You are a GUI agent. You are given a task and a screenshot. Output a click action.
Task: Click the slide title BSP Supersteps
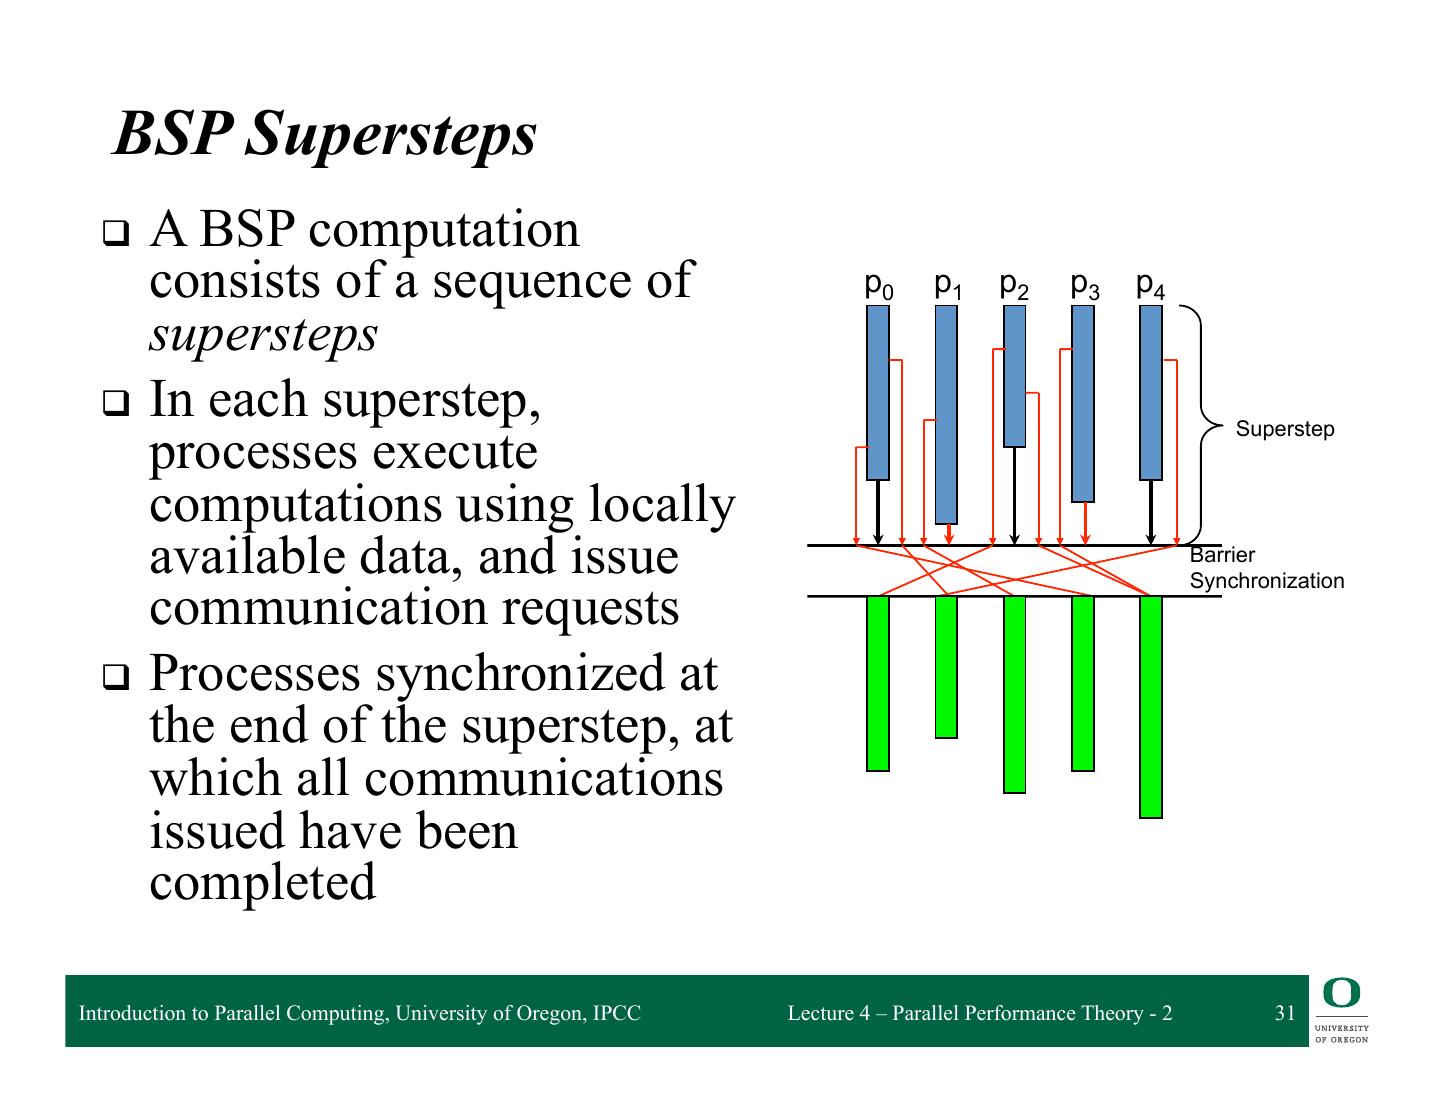point(325,134)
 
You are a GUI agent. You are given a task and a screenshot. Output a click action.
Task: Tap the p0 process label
point(878,286)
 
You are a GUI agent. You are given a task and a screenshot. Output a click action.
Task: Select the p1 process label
point(947,286)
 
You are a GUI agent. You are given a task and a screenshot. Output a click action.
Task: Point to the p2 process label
point(1014,286)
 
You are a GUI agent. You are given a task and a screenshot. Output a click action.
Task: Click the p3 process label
point(1084,286)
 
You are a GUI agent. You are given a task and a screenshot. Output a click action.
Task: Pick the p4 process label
point(1151,286)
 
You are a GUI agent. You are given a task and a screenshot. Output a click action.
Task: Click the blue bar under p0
point(878,392)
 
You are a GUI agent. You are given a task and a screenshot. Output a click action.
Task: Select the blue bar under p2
point(1015,376)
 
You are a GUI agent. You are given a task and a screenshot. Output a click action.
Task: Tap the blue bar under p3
point(1083,403)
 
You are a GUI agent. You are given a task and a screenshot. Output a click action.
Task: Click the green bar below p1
point(946,667)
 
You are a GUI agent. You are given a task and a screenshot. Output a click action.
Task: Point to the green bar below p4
point(1151,707)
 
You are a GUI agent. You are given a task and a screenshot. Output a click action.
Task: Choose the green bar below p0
point(878,684)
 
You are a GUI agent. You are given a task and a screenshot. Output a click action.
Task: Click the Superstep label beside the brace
point(1285,429)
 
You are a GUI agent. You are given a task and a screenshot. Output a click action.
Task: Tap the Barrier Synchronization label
point(1266,568)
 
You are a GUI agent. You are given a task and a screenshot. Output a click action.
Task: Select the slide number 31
point(1285,1013)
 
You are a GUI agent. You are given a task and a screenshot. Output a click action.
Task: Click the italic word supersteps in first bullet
point(264,333)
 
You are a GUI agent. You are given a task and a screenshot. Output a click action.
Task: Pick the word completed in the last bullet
point(263,882)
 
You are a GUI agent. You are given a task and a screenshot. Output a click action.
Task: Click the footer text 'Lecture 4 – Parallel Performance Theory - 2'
point(980,1013)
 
